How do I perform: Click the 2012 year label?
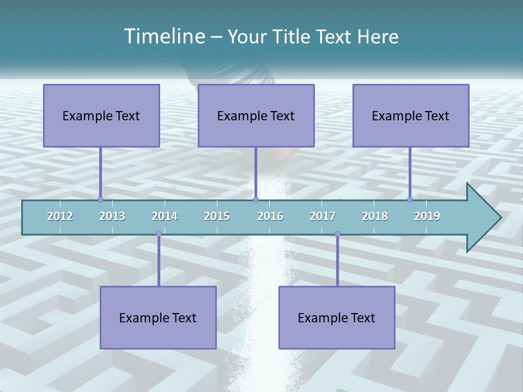click(x=60, y=216)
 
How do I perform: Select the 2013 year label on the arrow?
click(x=112, y=216)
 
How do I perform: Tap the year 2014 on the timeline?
click(x=165, y=216)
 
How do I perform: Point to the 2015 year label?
click(x=217, y=216)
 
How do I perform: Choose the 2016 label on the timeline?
click(x=270, y=216)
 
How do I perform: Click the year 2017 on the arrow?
click(x=323, y=216)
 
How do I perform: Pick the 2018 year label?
click(x=375, y=216)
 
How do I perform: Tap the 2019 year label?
click(x=427, y=216)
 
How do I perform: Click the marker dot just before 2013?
click(x=100, y=200)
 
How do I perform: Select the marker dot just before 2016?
click(x=256, y=200)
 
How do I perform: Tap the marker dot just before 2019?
click(x=410, y=200)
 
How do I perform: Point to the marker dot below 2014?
click(x=159, y=234)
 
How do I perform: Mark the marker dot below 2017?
click(x=337, y=234)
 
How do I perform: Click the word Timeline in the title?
click(x=163, y=36)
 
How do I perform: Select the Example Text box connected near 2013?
click(x=101, y=115)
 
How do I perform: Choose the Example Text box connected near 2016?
click(x=256, y=115)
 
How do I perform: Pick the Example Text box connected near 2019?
click(x=411, y=115)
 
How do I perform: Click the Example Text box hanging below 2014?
click(x=158, y=317)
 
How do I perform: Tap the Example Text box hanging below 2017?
click(x=337, y=317)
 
